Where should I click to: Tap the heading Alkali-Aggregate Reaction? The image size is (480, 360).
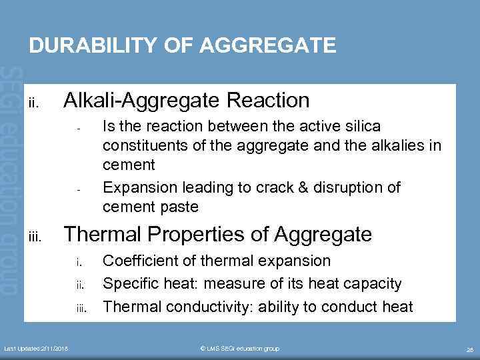(x=186, y=101)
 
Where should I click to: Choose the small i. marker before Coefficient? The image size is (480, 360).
(x=79, y=262)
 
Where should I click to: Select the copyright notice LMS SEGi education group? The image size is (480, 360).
(x=240, y=349)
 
